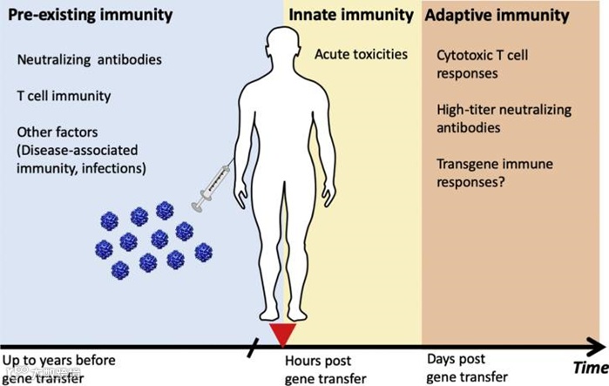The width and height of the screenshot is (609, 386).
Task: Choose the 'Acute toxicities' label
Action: pyautogui.click(x=362, y=55)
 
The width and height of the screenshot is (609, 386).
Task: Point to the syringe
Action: pyautogui.click(x=210, y=185)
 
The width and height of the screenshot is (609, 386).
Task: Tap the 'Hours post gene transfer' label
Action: pyautogui.click(x=319, y=369)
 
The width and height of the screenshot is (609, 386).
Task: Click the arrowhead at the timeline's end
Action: pyautogui.click(x=601, y=347)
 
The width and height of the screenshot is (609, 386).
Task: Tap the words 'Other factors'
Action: pyautogui.click(x=54, y=132)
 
